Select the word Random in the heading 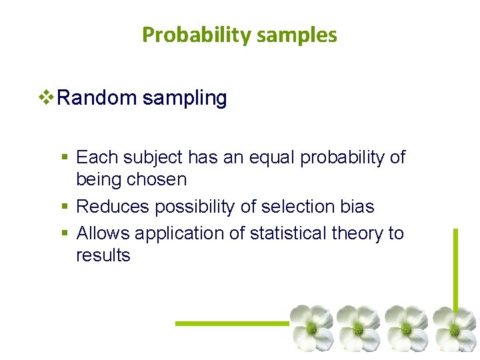97,99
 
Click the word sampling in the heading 184,99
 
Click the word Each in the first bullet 95,157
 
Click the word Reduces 113,207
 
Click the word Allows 103,233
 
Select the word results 103,255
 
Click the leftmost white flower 311,327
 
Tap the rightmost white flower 455,328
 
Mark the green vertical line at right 456,267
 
